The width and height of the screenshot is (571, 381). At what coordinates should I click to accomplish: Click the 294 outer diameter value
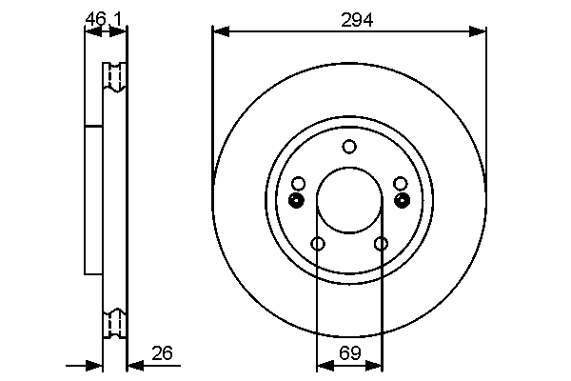tap(349, 19)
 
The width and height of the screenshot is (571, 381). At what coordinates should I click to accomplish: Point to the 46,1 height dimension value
tap(104, 18)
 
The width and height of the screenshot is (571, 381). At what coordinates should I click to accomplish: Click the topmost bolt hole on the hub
tap(349, 146)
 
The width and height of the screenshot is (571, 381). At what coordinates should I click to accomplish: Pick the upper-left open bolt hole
tap(299, 183)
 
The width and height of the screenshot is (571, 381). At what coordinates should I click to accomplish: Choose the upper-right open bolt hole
tap(400, 183)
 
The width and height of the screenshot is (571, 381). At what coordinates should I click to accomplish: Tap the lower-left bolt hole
tap(318, 244)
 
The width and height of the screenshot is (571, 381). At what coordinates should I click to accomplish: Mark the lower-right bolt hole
tap(381, 244)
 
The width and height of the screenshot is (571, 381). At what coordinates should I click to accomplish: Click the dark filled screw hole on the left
tap(296, 200)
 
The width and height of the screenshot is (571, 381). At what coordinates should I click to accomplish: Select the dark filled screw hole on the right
tap(403, 200)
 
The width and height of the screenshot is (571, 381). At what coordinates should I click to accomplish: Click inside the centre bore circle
tap(349, 201)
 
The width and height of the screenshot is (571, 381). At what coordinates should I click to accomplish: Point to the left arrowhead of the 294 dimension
tap(220, 31)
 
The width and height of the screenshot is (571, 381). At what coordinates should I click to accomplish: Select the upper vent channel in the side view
tap(114, 77)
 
